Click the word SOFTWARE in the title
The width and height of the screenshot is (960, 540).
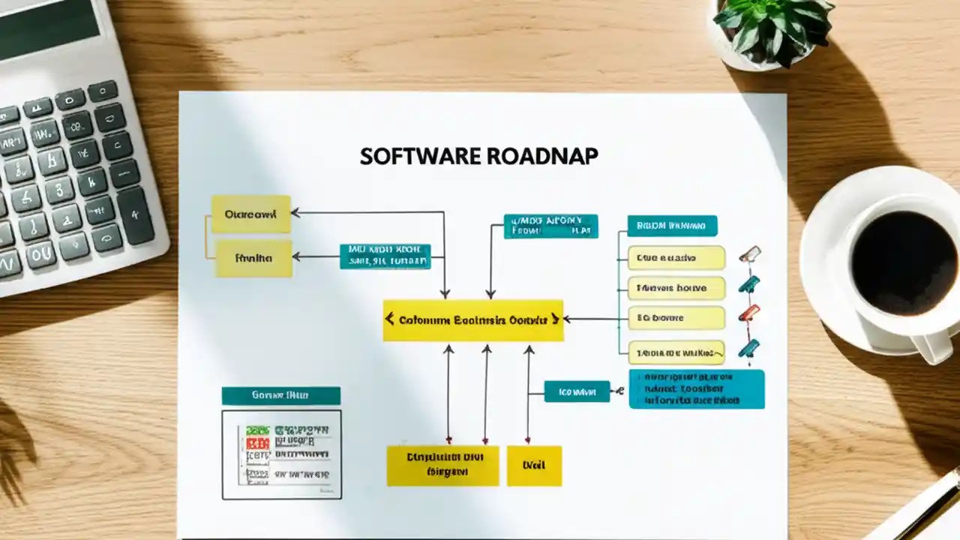coord(419,156)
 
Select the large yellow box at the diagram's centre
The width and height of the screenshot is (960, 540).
coord(472,320)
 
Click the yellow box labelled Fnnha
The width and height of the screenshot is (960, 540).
coord(253,259)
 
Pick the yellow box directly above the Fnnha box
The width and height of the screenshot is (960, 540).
coord(250,214)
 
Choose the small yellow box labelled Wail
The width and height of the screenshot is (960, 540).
coord(534,465)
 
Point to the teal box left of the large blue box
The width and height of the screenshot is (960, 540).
coord(577,391)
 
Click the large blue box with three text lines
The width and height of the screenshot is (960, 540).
coord(697,388)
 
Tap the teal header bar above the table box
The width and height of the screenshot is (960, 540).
coord(280,395)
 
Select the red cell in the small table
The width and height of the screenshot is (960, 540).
coord(257,443)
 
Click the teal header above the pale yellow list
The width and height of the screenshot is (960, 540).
coord(672,226)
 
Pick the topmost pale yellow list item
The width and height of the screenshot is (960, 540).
coord(676,258)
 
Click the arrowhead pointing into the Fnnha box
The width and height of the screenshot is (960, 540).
coord(296,256)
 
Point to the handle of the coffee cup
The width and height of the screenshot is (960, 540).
coord(934,346)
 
